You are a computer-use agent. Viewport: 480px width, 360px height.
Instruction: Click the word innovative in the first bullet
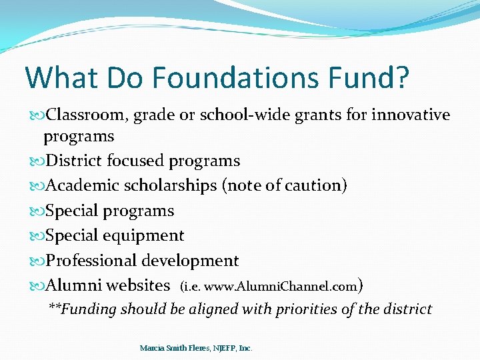coord(411,115)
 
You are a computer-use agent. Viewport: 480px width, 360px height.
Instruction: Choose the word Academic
coord(79,186)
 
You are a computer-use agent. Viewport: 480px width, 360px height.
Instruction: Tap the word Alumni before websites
coord(73,285)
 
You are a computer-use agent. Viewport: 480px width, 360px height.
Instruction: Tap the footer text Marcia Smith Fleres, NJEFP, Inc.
coord(196,348)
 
